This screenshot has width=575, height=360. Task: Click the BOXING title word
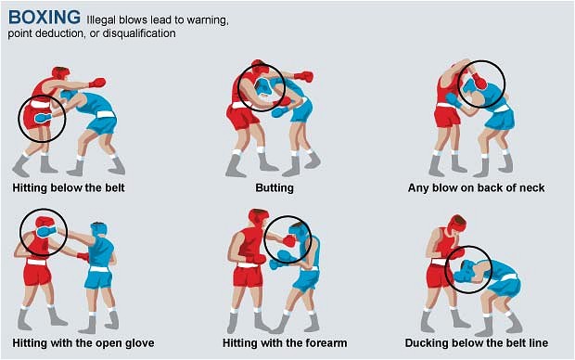[44, 17]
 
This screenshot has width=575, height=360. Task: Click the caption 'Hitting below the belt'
[69, 188]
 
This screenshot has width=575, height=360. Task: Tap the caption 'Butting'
[275, 188]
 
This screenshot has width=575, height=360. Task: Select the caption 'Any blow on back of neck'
[476, 188]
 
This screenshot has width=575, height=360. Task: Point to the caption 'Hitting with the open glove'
[83, 343]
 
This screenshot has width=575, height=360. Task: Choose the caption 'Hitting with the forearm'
[285, 343]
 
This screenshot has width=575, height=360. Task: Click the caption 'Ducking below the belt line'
[477, 343]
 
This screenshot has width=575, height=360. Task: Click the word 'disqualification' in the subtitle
[139, 33]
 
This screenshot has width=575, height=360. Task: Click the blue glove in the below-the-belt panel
[44, 118]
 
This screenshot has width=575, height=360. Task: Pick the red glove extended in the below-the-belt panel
[97, 83]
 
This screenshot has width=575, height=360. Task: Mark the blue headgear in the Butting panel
[263, 87]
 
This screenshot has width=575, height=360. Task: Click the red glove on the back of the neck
[479, 81]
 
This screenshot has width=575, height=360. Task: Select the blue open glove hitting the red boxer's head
[46, 232]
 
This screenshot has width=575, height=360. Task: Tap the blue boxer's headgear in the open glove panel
[98, 230]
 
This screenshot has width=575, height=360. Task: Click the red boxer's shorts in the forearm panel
[248, 276]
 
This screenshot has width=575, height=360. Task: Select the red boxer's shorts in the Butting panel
[242, 117]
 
